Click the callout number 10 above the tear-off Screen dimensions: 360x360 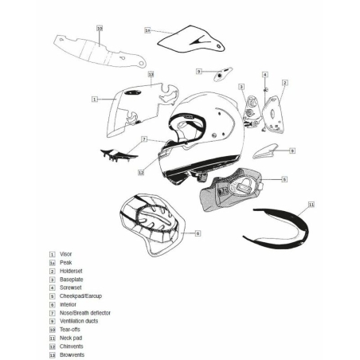click(x=100, y=28)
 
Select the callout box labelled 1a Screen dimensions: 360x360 click(x=147, y=30)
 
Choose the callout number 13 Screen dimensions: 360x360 click(x=151, y=74)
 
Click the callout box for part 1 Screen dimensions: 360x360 click(x=94, y=100)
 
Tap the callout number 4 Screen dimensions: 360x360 click(x=265, y=76)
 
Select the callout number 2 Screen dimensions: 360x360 click(x=284, y=82)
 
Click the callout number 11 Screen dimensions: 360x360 click(x=311, y=205)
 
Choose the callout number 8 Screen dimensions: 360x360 click(x=198, y=233)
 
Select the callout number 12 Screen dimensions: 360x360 click(x=139, y=171)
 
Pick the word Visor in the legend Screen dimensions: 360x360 click(x=67, y=254)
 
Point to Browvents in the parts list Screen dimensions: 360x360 click(x=72, y=354)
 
